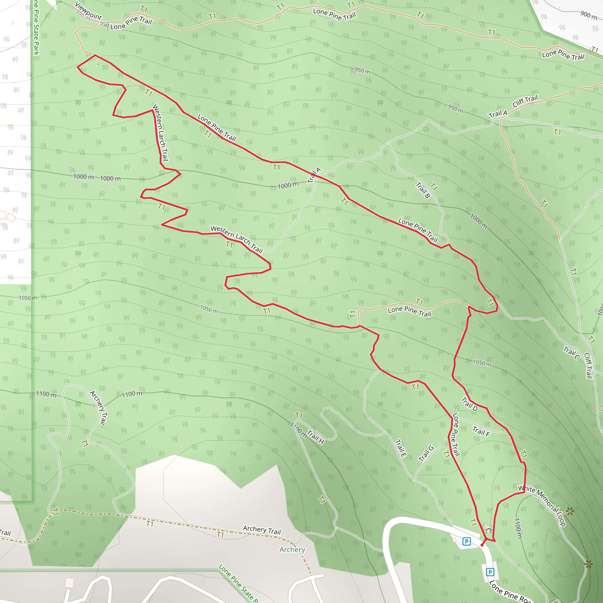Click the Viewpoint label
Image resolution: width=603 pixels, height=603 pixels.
click(x=88, y=11)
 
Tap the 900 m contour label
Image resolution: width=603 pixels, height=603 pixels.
click(x=589, y=15)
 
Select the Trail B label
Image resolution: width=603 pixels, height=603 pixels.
click(x=423, y=190)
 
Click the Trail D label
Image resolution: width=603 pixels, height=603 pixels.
click(x=469, y=404)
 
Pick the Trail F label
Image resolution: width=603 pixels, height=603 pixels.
click(x=481, y=431)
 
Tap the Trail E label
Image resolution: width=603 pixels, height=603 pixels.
click(x=401, y=448)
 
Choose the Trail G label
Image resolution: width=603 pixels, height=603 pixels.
click(x=426, y=453)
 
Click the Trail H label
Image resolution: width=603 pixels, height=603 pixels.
click(x=316, y=437)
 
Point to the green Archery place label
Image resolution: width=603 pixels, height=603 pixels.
click(x=292, y=550)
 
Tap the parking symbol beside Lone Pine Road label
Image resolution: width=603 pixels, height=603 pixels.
click(x=490, y=572)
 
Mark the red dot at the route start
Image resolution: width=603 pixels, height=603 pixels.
click(x=482, y=545)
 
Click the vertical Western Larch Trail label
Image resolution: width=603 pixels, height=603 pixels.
click(x=160, y=133)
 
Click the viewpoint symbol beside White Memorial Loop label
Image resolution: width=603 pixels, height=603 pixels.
click(x=570, y=511)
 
